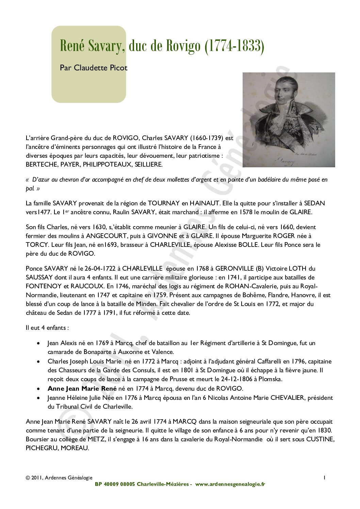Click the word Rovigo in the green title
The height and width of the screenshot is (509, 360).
tap(183, 46)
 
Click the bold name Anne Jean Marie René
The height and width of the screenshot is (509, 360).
tap(82, 389)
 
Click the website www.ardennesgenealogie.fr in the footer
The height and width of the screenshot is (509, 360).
tap(230, 484)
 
